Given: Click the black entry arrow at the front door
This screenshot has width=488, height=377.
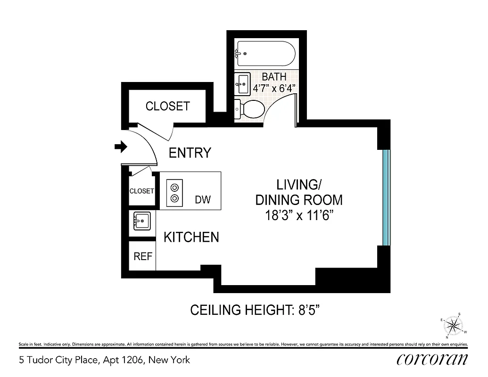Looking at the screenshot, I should (121, 147).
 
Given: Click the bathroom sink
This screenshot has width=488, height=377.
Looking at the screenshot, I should (242, 84).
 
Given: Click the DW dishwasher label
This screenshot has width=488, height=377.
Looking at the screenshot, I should (203, 200).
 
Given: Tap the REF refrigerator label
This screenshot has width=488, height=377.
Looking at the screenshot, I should (143, 256).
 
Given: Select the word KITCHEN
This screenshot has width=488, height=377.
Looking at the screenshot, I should (191, 237).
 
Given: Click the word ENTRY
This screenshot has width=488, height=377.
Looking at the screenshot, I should (190, 153).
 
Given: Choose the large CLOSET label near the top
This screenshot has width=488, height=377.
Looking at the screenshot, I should (167, 106).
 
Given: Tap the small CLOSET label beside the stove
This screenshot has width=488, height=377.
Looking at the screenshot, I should (141, 191).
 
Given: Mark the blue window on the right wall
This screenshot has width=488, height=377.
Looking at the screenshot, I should (386, 197).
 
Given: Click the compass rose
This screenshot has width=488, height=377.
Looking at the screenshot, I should (454, 325).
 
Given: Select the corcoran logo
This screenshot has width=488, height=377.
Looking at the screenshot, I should (432, 360).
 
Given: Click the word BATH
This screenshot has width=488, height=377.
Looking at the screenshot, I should (274, 76).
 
